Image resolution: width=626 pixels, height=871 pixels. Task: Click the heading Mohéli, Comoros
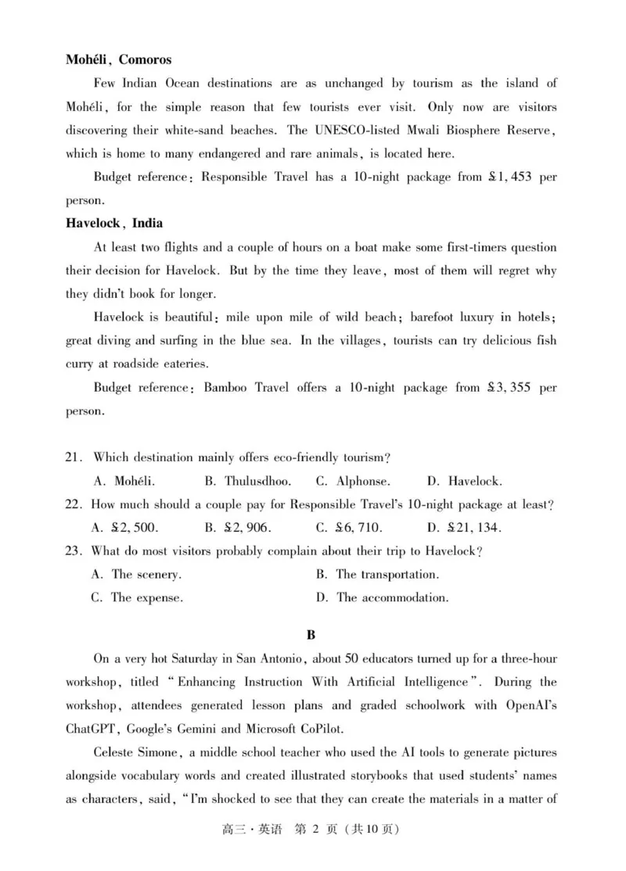point(118,59)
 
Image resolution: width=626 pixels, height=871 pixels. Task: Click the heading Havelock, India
point(114,224)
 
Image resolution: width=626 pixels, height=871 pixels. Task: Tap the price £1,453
point(519,177)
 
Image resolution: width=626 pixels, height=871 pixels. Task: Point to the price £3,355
point(519,388)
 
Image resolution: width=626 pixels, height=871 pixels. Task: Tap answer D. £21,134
point(466,528)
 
